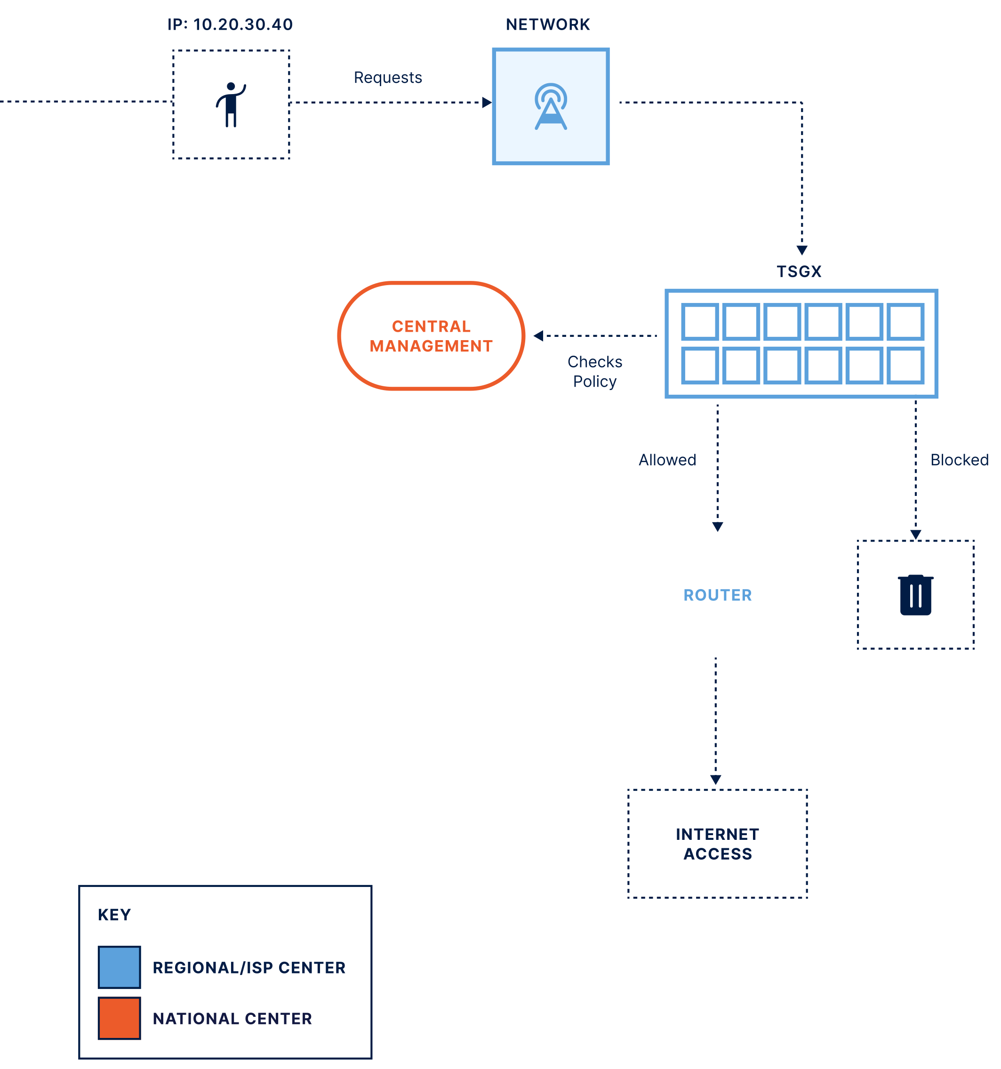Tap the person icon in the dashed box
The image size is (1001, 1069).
231,104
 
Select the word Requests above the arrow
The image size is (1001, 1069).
387,78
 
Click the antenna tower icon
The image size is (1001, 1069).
550,106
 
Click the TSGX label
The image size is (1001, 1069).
799,271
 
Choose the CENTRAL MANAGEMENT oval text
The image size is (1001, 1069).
431,336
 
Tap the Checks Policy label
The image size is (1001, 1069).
594,372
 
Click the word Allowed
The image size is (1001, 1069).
667,460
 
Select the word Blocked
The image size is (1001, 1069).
959,460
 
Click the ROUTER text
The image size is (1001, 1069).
718,595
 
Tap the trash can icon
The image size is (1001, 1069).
915,595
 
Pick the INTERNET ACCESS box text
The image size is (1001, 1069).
718,844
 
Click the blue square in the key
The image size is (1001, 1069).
120,967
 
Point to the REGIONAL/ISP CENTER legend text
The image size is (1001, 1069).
249,968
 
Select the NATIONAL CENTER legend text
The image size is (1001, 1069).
232,1019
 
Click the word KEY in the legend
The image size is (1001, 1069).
114,915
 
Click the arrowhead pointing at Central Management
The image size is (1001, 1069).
538,335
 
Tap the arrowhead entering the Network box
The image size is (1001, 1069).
487,103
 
